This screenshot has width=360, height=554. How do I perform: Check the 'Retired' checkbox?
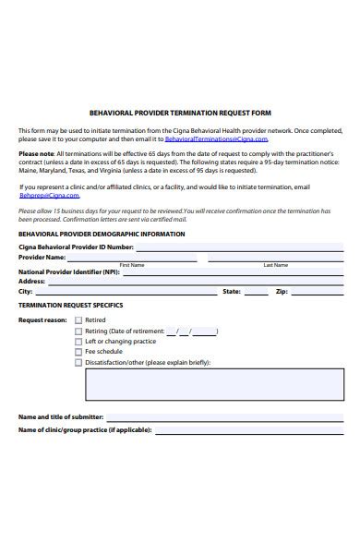click(x=78, y=319)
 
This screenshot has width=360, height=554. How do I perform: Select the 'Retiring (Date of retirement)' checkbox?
click(x=78, y=331)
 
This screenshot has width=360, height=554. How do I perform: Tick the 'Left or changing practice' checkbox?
click(x=78, y=341)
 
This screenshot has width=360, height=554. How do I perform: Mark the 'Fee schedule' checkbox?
click(x=78, y=352)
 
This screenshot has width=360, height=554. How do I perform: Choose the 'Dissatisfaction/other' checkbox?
click(x=78, y=362)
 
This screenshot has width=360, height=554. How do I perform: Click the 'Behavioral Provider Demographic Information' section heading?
click(x=102, y=234)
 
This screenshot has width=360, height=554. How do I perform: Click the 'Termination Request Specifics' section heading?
click(x=70, y=304)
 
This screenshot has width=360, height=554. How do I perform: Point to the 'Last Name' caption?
click(x=275, y=265)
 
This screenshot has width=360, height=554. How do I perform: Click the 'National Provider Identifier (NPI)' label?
click(x=69, y=272)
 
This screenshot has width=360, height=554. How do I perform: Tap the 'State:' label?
click(x=232, y=291)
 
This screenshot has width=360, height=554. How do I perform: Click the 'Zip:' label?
click(x=282, y=291)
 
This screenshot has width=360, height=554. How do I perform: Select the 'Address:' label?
click(x=32, y=282)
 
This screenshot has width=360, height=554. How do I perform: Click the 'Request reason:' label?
click(x=42, y=319)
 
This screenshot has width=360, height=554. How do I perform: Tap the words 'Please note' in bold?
click(x=36, y=154)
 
